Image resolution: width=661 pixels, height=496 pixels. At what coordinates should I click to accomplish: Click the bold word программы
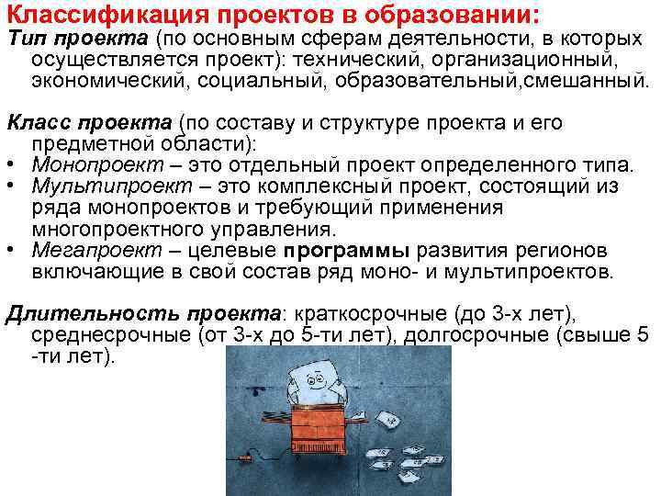(x=348, y=252)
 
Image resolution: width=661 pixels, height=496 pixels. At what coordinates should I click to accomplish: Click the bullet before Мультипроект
(x=12, y=186)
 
